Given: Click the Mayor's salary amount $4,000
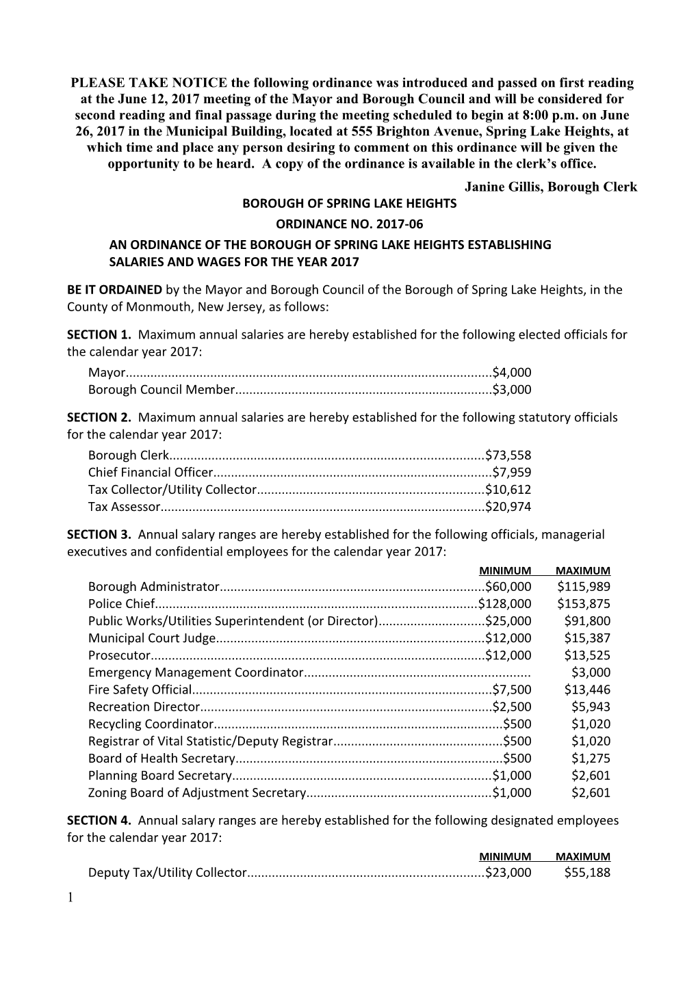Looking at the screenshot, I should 512,373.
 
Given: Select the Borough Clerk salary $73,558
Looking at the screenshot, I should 508,455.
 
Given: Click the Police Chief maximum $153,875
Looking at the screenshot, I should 583,603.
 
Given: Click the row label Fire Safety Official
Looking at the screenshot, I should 141,689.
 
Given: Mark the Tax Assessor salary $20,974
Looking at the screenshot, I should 508,507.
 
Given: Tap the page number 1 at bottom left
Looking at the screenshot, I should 70,897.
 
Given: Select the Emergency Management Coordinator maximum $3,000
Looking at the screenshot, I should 591,672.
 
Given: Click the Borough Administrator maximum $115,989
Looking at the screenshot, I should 583,586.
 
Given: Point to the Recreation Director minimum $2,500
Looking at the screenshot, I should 512,707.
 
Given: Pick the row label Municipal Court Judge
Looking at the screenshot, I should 152,638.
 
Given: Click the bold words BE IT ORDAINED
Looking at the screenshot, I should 114,289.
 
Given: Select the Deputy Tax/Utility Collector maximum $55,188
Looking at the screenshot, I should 587,872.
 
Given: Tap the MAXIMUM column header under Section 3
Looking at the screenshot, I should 582,570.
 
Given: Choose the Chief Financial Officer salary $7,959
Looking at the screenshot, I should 512,472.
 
